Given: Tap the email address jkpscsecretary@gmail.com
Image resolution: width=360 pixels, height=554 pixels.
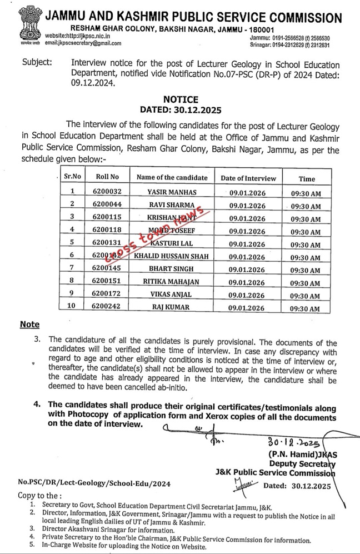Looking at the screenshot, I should pos(83,43).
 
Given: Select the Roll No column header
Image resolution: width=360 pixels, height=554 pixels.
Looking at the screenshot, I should pos(107,177).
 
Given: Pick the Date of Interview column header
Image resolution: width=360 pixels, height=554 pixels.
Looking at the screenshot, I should pos(248,178).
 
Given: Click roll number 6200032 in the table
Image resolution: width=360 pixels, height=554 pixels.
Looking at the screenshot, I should pos(107,192).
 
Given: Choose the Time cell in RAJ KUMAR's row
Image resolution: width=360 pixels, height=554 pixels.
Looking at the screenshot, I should pos(306,309).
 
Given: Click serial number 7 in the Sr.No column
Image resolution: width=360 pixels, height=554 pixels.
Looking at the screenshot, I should pos(72,269).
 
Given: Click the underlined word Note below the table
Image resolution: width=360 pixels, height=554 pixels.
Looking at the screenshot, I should pos(30,325).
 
